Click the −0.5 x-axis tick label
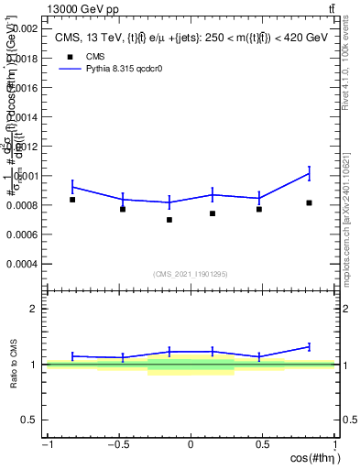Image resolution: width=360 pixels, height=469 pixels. [x=118, y=445]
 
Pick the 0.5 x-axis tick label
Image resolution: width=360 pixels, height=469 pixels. [x=262, y=445]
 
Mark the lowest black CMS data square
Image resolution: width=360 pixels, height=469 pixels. [x=169, y=220]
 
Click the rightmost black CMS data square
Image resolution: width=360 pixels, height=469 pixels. [x=310, y=202]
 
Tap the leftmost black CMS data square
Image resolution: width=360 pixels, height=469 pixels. [x=72, y=200]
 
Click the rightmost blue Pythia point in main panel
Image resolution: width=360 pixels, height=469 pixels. [x=310, y=173]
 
